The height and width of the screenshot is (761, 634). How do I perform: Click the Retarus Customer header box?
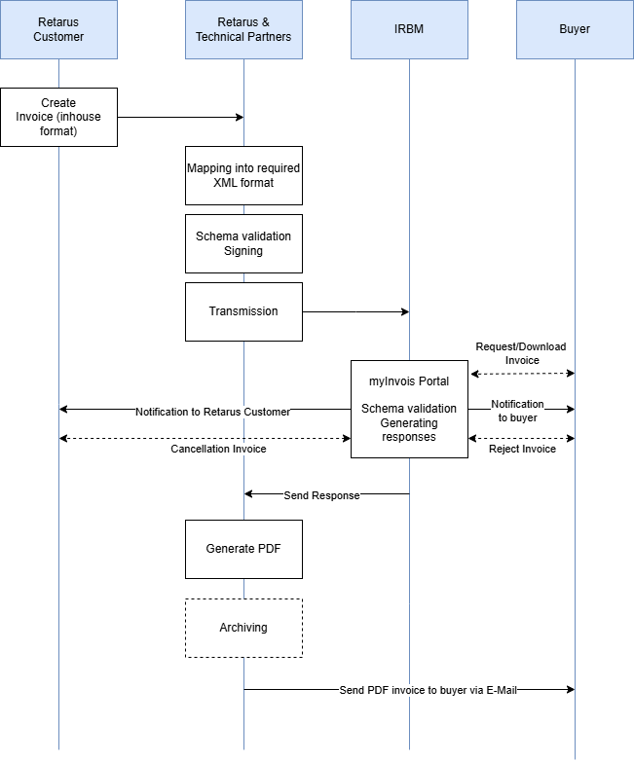pos(58,29)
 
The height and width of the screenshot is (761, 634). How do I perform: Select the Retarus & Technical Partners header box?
pos(243,29)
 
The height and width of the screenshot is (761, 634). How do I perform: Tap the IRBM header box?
pos(409,29)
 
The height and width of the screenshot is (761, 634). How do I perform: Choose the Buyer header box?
pos(575,29)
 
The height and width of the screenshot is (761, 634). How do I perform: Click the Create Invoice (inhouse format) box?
pos(58,117)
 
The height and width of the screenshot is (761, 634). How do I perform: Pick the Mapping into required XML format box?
pos(243,175)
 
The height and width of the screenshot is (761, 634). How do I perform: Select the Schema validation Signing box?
pos(243,243)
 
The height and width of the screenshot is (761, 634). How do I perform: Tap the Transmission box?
pos(243,311)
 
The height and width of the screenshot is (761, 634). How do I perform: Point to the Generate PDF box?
pos(243,549)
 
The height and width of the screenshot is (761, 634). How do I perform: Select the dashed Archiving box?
pos(243,628)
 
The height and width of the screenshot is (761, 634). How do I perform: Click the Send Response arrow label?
pos(321,495)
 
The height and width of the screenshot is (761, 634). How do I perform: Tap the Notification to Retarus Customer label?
pos(212,412)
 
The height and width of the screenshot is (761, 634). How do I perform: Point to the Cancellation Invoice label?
pos(218,449)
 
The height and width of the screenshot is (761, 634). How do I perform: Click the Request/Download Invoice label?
pos(521,353)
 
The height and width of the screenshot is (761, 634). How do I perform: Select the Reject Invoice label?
pos(522,449)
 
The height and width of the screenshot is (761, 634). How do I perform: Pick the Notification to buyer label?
pos(517,411)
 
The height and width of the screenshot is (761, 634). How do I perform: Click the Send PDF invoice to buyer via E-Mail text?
pos(428,690)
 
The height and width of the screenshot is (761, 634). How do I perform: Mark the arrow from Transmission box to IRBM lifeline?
pos(355,311)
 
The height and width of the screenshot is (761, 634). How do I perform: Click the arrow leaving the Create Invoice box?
pos(180,117)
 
